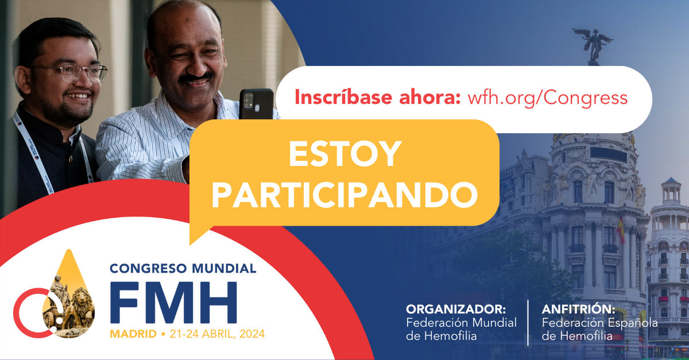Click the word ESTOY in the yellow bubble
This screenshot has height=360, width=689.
pos(345,154)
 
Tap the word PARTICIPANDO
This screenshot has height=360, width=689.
pos(344,195)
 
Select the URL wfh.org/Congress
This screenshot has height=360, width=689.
pos(548,98)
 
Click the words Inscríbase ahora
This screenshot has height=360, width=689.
pos(378,97)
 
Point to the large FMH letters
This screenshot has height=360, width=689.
pos(173,302)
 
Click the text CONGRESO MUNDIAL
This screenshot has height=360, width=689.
pos(183,268)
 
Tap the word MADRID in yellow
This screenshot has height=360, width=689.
pos(133,334)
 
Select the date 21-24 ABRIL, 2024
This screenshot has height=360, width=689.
pos(217,334)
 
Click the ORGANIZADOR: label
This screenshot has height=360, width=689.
pos(456,309)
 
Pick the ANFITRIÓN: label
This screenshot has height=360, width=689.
pos(578,309)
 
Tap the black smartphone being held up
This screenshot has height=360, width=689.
pos(256,104)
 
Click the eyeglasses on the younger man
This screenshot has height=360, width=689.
pos(71,72)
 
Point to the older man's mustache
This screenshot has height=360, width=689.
pos(196,78)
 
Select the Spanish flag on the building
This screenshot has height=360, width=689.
pos(621,229)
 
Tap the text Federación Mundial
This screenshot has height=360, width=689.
pos(462,323)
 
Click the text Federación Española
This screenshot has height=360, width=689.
pos(600,323)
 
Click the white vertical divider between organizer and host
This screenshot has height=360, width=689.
pos(528,323)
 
